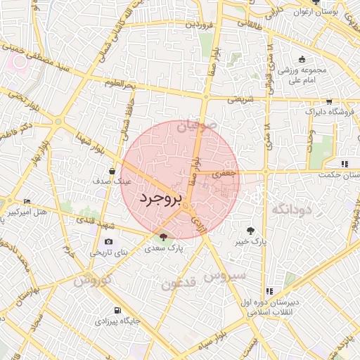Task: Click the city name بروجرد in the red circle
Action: click(x=160, y=199)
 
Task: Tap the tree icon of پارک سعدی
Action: click(x=164, y=237)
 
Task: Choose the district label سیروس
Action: click(x=225, y=275)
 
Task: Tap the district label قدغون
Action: click(x=179, y=283)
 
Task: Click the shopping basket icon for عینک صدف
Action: click(x=112, y=170)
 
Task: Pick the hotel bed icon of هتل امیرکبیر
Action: click(x=27, y=201)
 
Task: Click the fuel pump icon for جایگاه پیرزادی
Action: click(x=117, y=310)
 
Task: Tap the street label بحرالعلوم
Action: click(x=120, y=84)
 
